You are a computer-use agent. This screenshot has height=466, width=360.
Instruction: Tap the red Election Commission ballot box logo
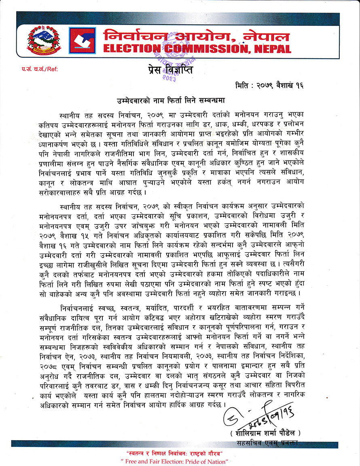tap(82, 41)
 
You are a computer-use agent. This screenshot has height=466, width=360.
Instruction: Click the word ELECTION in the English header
tap(129, 49)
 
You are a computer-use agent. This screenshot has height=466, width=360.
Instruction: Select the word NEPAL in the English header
tap(272, 49)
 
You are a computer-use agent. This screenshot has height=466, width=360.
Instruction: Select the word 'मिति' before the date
tap(243, 86)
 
